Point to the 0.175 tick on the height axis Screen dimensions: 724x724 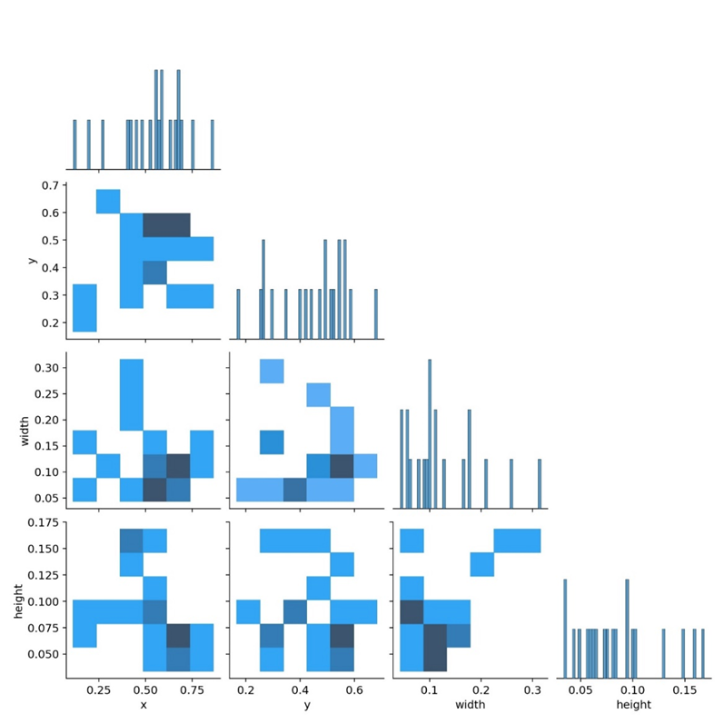65,522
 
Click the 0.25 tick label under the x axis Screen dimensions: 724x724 97,691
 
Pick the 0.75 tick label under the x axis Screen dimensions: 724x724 192,691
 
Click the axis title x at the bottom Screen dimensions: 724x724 144,706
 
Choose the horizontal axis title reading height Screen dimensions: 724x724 633,706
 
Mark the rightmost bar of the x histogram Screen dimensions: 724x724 212,144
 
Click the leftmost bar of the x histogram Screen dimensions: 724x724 74,144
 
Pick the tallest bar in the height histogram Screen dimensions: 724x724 564,628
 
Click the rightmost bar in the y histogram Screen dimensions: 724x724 375,313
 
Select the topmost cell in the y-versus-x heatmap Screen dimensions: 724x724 108,202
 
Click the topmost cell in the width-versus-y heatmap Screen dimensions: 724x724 272,371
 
